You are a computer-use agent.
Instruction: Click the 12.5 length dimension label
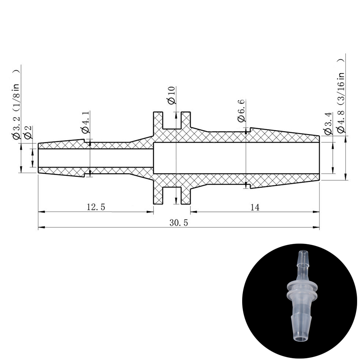click(96, 207)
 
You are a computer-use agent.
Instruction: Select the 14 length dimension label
click(255, 207)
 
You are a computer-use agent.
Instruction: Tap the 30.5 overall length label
click(179, 223)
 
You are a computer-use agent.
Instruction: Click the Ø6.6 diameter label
click(241, 110)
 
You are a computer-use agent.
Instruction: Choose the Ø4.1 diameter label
click(85, 123)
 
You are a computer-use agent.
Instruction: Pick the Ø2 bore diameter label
click(28, 133)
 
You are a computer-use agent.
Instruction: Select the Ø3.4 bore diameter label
click(328, 123)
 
